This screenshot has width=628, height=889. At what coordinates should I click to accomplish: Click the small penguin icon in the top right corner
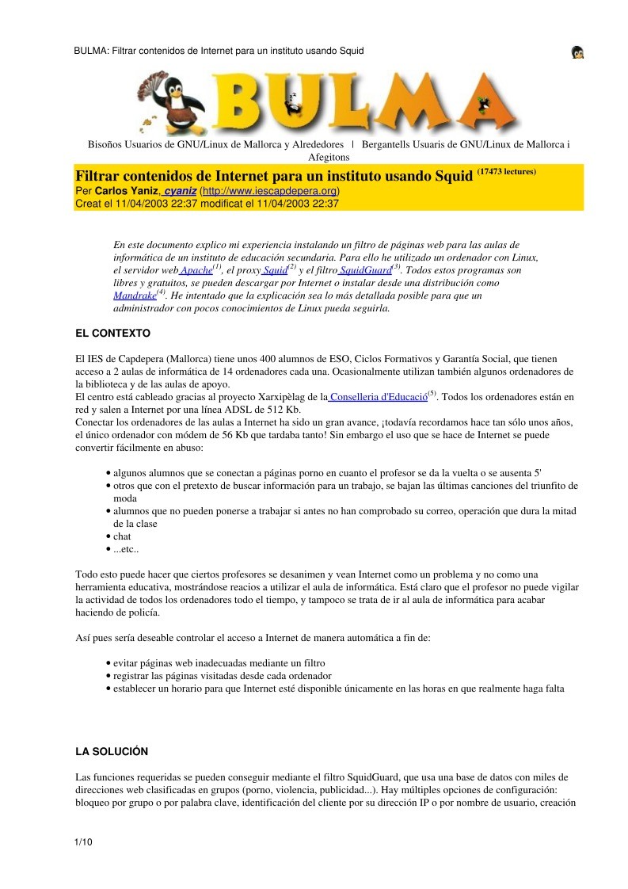pos(577,52)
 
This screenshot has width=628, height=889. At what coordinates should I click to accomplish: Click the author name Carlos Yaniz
pos(127,192)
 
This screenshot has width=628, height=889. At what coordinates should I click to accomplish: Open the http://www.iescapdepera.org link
pos(270,192)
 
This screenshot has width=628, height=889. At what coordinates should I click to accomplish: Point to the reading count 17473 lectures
pos(506,171)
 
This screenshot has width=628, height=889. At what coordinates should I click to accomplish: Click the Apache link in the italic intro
pos(196,271)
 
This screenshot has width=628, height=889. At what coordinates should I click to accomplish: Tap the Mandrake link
pos(134,296)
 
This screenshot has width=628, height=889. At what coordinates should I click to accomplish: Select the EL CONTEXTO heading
pos(112,333)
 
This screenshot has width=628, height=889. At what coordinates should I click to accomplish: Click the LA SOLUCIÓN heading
pos(112,751)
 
